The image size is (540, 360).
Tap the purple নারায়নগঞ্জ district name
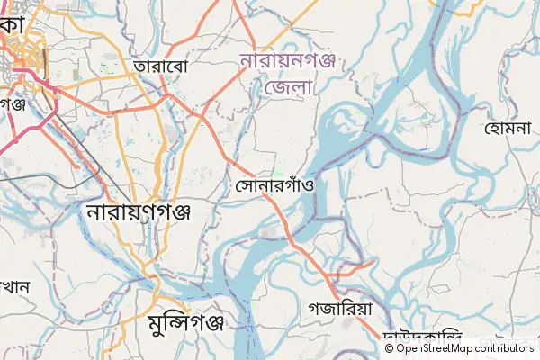pyautogui.click(x=287, y=61)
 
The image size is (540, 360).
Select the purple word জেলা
pyautogui.click(x=288, y=87)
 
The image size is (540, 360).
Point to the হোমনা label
pyautogui.click(x=509, y=130)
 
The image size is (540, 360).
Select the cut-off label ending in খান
pyautogui.click(x=15, y=288)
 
